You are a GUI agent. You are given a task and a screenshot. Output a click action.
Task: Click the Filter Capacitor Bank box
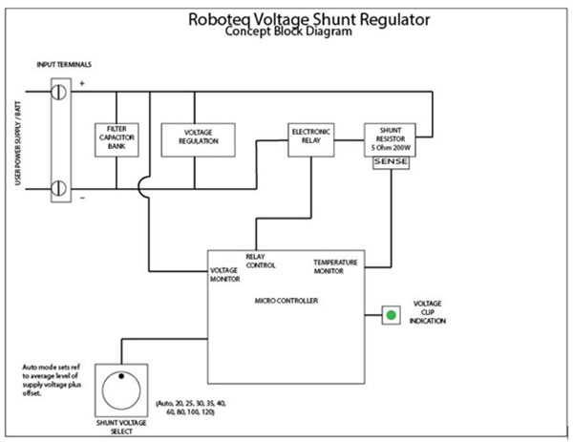[117, 140]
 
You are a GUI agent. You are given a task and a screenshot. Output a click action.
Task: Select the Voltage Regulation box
[198, 140]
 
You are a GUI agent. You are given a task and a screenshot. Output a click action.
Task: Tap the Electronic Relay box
[311, 140]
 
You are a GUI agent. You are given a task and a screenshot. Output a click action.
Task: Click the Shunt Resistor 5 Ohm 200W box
[390, 140]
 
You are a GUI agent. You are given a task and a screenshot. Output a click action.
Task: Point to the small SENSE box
[391, 163]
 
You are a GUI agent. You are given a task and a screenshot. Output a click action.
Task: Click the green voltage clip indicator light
[391, 315]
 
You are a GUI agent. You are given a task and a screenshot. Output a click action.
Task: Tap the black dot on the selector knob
[121, 376]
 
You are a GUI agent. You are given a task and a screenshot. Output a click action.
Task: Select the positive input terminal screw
[58, 92]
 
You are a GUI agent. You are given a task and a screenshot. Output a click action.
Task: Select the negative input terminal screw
[58, 188]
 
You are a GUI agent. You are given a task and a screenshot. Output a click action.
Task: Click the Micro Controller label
[286, 301]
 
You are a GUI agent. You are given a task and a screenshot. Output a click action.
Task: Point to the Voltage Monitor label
[224, 275]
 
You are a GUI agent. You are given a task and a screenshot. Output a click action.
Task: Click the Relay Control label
[260, 261]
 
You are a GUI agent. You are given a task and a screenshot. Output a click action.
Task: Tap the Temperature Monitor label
[335, 266]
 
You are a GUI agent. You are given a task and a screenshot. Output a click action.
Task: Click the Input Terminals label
[64, 65]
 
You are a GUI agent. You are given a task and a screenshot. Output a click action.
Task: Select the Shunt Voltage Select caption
[121, 427]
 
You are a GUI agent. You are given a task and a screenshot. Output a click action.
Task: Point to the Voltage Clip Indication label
[428, 312]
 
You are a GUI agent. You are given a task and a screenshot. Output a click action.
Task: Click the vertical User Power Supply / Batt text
[18, 143]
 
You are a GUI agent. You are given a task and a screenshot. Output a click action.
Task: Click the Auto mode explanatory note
[52, 380]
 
